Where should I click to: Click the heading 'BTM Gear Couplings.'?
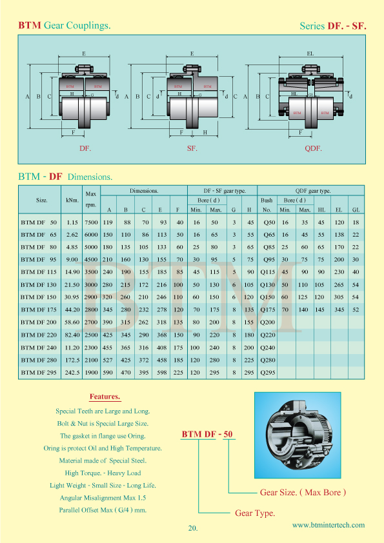(x=64, y=26)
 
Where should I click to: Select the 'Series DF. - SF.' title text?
(x=333, y=26)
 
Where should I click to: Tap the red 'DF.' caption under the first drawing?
(x=85, y=148)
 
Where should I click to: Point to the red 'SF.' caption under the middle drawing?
(x=192, y=148)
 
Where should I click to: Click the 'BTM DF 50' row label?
(x=39, y=222)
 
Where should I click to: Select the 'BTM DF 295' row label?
(x=39, y=372)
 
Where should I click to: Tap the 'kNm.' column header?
(x=72, y=200)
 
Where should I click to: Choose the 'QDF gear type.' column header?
(x=313, y=191)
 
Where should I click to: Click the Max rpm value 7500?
(x=91, y=222)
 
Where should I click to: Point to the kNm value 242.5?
(x=72, y=372)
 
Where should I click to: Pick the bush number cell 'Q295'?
(x=267, y=372)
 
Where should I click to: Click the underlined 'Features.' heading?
(x=105, y=397)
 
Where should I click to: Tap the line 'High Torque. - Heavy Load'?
(x=103, y=473)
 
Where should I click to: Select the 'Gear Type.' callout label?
(x=255, y=513)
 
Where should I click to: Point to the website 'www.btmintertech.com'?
(x=328, y=525)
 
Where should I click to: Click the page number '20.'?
(x=192, y=528)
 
